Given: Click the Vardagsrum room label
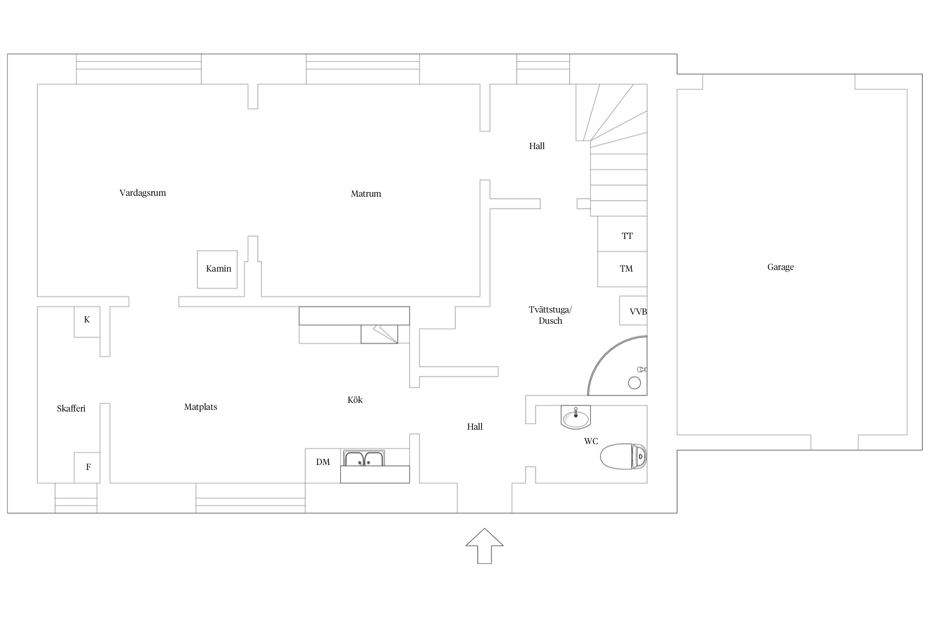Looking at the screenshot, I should pos(142,193).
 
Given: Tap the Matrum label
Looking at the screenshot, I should pos(366,194).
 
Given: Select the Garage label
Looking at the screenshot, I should pos(780,267).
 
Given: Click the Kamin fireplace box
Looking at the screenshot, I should pos(217,269).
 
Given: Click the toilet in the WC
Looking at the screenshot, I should pos(623,456).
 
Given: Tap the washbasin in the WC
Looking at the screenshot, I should pos(576,417).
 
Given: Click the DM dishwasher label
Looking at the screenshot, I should pos(323,462).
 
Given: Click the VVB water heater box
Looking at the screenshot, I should pos(633,310).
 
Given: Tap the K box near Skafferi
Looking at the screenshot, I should pos(87,322).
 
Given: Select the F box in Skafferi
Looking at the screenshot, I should pos(87,467).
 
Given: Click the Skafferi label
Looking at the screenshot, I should pos(71,409).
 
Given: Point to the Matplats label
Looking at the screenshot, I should pos(201,407).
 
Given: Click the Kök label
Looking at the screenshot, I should pos(355,400).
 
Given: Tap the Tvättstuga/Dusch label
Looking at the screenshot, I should pos(550,315).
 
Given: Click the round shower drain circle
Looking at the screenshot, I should pos(634,383).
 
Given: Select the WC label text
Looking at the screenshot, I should pos(591,441).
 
